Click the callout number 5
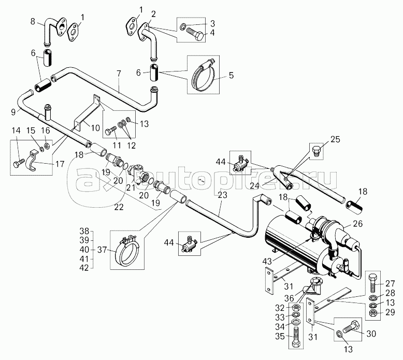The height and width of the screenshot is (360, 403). click(x=231, y=75)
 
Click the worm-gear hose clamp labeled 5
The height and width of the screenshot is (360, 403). click(x=203, y=75)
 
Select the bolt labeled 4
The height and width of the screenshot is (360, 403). click(x=196, y=35)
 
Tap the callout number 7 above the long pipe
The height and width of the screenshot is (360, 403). click(x=119, y=74)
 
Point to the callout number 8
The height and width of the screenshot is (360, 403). click(x=33, y=21)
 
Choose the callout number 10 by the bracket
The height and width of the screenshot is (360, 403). click(x=95, y=128)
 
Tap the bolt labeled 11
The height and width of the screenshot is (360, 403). click(x=110, y=129)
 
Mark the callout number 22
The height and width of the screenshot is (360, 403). click(x=119, y=207)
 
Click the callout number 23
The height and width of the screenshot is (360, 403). click(x=222, y=195)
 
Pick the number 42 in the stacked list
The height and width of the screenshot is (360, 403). click(x=84, y=268)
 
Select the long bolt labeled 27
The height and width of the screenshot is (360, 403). click(x=373, y=284)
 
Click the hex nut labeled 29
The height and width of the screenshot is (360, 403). click(x=373, y=313)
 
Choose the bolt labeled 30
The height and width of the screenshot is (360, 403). click(x=351, y=327)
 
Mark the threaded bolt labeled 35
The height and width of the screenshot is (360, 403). click(x=296, y=337)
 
